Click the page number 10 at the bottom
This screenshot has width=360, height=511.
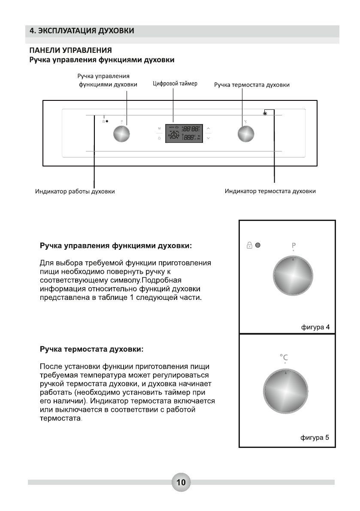(x=181, y=482)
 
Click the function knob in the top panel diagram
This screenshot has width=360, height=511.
(x=121, y=135)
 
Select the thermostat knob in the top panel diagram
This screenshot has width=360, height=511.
(x=246, y=135)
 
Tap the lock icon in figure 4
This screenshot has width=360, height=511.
(x=249, y=245)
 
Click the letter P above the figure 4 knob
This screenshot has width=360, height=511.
(x=293, y=245)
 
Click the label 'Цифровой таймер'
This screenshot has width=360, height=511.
(x=175, y=84)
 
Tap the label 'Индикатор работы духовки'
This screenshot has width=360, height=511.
(x=75, y=191)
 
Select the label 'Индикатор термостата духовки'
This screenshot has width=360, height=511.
(x=270, y=191)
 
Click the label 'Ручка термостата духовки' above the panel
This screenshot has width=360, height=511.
(x=251, y=85)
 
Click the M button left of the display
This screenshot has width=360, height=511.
(x=159, y=129)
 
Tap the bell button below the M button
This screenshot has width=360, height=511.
(x=159, y=139)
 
